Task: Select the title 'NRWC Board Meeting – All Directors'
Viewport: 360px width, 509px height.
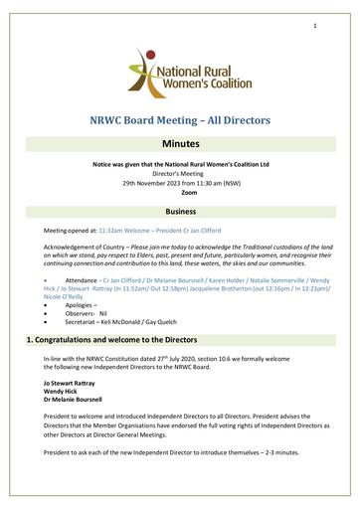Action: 180,120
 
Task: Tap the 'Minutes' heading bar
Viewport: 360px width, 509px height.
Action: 180,145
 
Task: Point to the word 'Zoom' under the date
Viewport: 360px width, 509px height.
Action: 180,189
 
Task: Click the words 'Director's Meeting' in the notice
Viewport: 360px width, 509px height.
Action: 180,172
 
